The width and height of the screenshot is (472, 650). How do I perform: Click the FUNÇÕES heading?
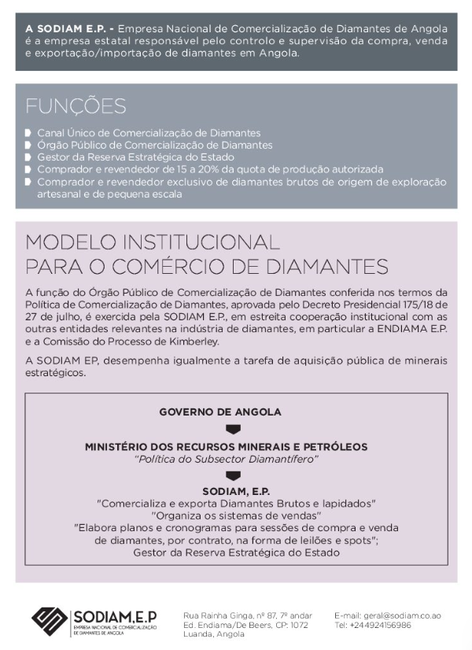click(76, 106)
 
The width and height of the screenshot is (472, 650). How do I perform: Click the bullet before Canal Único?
click(28, 133)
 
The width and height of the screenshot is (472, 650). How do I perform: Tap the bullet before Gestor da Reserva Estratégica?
click(28, 157)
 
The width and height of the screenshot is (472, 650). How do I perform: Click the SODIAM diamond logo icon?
click(49, 620)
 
